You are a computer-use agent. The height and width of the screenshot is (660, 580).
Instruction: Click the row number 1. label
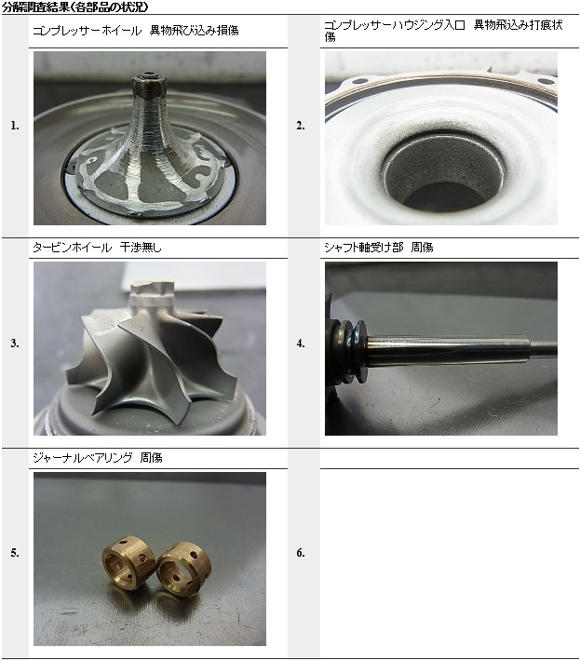(15, 126)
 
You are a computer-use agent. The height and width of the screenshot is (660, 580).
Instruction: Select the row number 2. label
(300, 126)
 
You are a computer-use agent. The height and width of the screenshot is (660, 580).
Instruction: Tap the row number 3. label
(15, 343)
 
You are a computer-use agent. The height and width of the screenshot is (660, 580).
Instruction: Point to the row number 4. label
(300, 343)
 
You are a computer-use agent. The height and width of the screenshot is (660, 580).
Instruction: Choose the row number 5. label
(15, 553)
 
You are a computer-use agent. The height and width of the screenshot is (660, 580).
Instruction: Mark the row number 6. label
(300, 553)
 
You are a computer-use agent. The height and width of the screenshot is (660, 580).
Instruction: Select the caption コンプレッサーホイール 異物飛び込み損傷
(136, 31)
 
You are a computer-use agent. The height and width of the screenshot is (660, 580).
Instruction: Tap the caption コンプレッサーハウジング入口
(395, 25)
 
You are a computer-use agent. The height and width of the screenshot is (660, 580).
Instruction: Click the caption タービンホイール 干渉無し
(97, 247)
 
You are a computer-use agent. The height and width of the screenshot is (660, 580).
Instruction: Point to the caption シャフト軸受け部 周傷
(378, 247)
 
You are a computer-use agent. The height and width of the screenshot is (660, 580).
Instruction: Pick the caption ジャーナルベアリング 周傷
(98, 458)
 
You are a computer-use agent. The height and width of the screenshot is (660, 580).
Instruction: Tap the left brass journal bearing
(129, 563)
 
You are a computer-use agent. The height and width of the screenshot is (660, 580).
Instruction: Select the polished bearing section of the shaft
(448, 348)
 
